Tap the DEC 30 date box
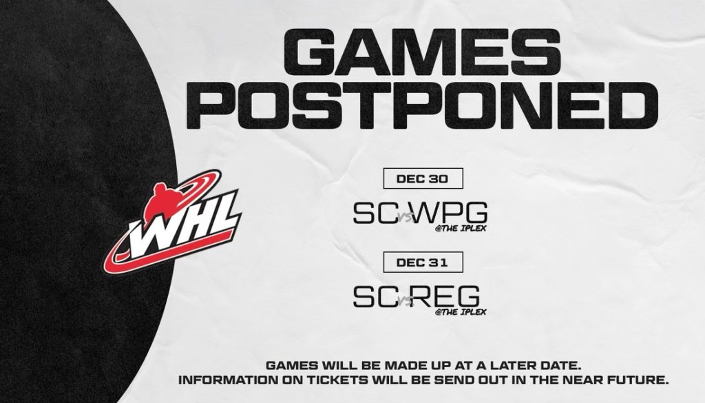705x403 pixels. [x=423, y=178]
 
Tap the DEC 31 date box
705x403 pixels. [x=423, y=262]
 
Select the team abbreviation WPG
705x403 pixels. [x=450, y=212]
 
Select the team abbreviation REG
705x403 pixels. [x=446, y=296]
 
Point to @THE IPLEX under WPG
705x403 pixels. [x=461, y=228]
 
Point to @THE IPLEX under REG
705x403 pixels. [x=461, y=311]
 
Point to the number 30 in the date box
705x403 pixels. [x=438, y=178]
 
